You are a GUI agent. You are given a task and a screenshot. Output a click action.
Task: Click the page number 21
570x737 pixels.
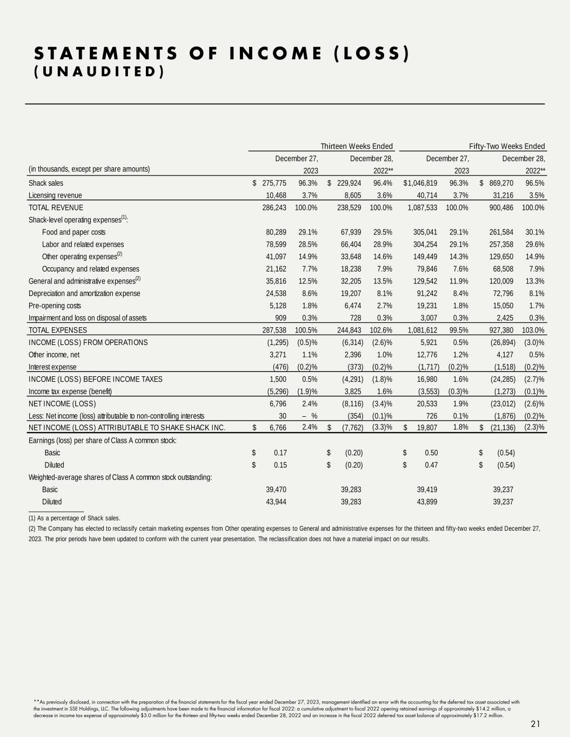pyautogui.click(x=536, y=724)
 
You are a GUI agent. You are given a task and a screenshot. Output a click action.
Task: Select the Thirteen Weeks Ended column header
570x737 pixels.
pyautogui.click(x=357, y=146)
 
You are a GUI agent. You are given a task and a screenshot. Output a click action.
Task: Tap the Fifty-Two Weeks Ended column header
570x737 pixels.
pyautogui.click(x=507, y=146)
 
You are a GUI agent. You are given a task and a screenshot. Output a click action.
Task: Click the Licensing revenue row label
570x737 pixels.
pyautogui.click(x=55, y=195)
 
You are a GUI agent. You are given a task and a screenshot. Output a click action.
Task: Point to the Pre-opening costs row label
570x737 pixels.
pyautogui.click(x=55, y=306)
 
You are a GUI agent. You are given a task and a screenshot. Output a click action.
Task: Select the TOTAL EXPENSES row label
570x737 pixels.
pyautogui.click(x=58, y=330)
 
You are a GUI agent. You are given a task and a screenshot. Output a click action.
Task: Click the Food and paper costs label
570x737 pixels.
pyautogui.click(x=73, y=232)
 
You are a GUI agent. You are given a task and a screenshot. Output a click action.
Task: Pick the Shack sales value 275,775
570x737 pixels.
pyautogui.click(x=274, y=183)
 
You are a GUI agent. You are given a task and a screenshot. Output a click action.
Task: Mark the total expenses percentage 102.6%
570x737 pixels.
pyautogui.click(x=381, y=330)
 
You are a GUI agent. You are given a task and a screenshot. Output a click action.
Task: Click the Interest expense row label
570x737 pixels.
pyautogui.click(x=52, y=367)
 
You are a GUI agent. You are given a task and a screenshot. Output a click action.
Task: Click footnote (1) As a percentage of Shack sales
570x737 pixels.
pyautogui.click(x=74, y=518)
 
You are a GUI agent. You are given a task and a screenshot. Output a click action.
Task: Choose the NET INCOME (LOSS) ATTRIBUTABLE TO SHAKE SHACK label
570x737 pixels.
pyautogui.click(x=126, y=428)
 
